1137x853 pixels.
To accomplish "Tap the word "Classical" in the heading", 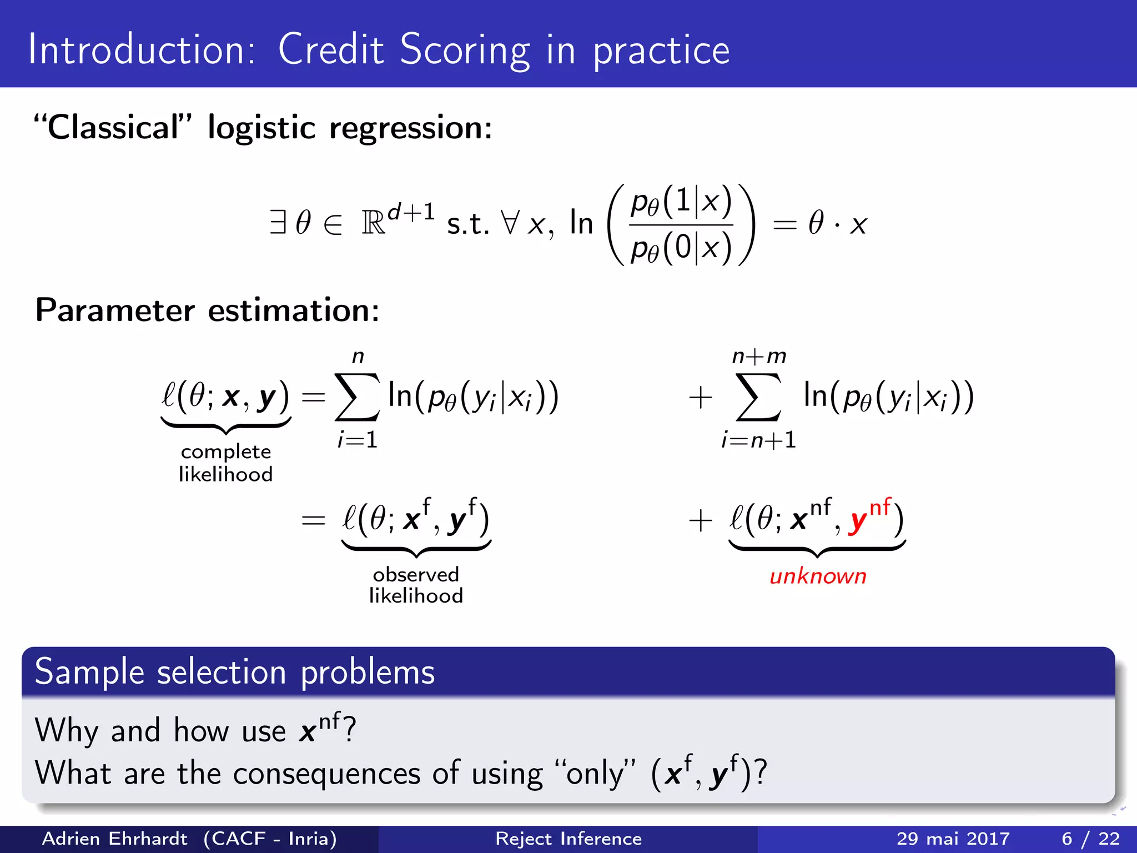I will point(113,128).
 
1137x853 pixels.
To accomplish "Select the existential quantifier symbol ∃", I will point(278,223).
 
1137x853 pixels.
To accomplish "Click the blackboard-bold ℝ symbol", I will point(373,224).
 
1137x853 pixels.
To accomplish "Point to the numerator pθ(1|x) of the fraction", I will point(681,202).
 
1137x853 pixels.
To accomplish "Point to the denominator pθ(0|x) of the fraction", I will point(681,248).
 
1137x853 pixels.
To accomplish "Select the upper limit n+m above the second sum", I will point(758,356).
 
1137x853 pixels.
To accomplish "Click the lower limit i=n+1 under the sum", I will point(758,440).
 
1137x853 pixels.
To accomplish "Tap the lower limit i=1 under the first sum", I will point(358,440).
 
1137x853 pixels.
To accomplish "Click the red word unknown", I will point(817,576).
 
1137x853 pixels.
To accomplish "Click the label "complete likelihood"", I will point(225,463).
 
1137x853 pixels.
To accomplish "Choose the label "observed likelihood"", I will point(416,585).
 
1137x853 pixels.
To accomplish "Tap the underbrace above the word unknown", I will point(817,550).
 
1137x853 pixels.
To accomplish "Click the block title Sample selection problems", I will point(234,672).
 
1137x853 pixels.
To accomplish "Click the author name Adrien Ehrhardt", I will point(115,839).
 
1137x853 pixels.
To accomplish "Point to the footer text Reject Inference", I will point(568,839).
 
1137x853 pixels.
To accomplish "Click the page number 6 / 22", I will point(1090,839).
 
